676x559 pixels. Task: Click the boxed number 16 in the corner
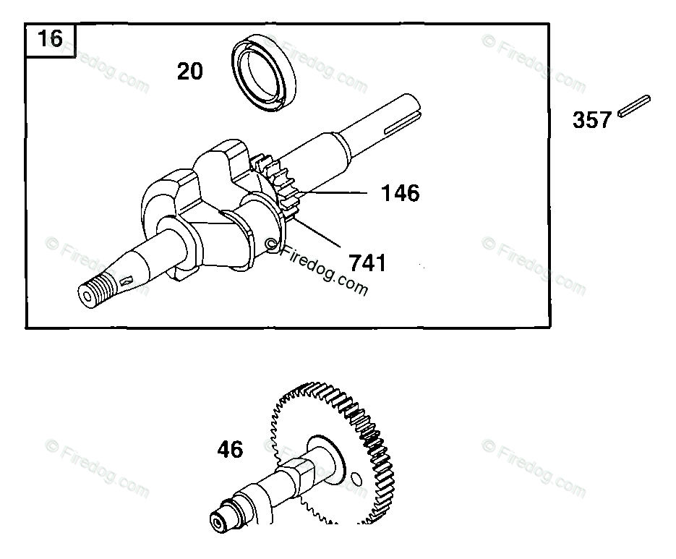pyautogui.click(x=51, y=39)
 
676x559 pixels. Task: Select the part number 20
pyautogui.click(x=189, y=71)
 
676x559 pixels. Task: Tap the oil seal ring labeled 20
pyautogui.click(x=264, y=73)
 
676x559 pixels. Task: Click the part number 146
pyautogui.click(x=400, y=193)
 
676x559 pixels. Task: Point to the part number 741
pyautogui.click(x=367, y=263)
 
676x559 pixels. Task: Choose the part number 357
pyautogui.click(x=592, y=120)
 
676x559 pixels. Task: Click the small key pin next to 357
pyautogui.click(x=634, y=106)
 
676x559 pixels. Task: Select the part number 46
pyautogui.click(x=230, y=450)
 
